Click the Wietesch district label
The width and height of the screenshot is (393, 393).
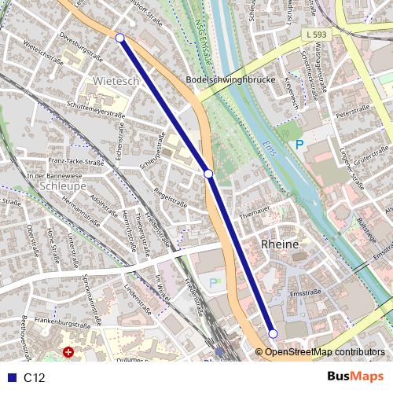tap(116, 81)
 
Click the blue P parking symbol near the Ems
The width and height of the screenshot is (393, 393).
tap(298, 145)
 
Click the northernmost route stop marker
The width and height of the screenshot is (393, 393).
tap(119, 38)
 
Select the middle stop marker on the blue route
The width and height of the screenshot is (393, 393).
tap(208, 173)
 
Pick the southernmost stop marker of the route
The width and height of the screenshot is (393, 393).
tap(273, 333)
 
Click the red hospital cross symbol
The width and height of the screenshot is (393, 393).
tap(70, 353)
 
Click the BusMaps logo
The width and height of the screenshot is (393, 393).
tap(354, 377)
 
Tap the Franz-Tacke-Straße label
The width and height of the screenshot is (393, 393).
tap(76, 162)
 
